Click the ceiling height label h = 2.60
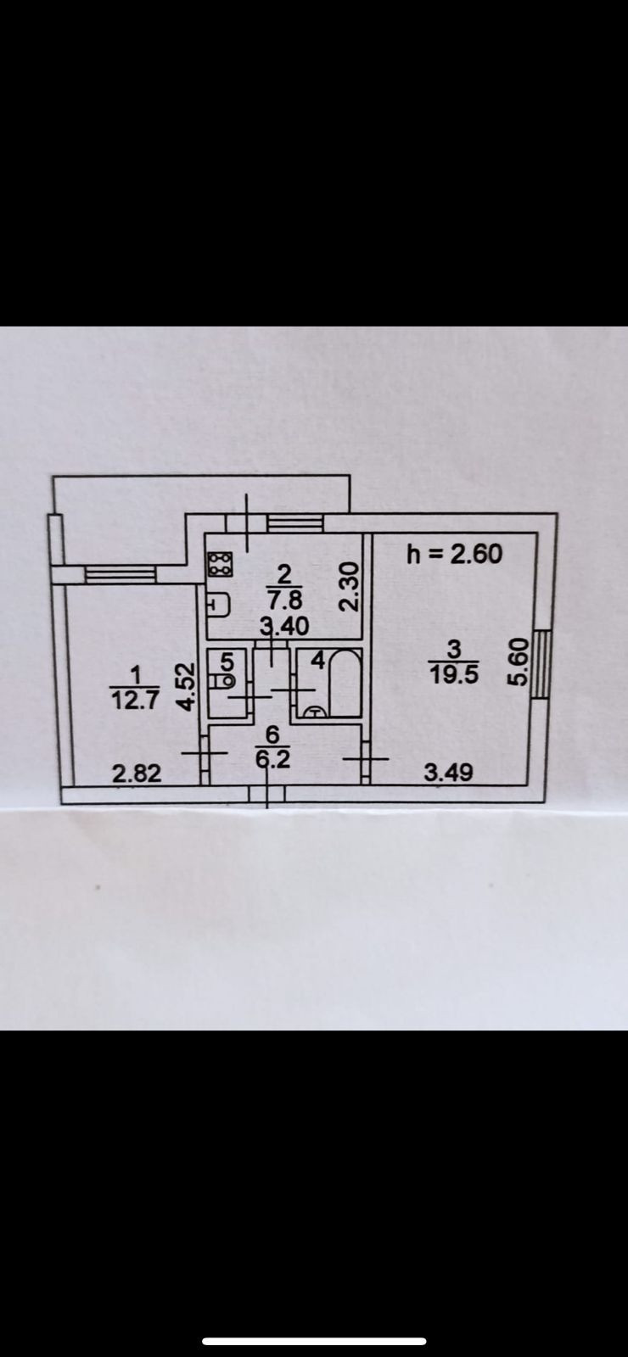coord(454,554)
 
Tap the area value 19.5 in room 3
coord(453,673)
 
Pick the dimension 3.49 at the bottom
coord(448,772)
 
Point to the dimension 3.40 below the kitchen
coord(284,627)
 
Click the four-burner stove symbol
coord(221,565)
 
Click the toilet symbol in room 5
coord(227,679)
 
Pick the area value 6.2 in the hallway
coord(273,759)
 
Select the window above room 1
coord(120,575)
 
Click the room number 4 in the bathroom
coord(318,658)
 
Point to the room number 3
coord(453,650)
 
